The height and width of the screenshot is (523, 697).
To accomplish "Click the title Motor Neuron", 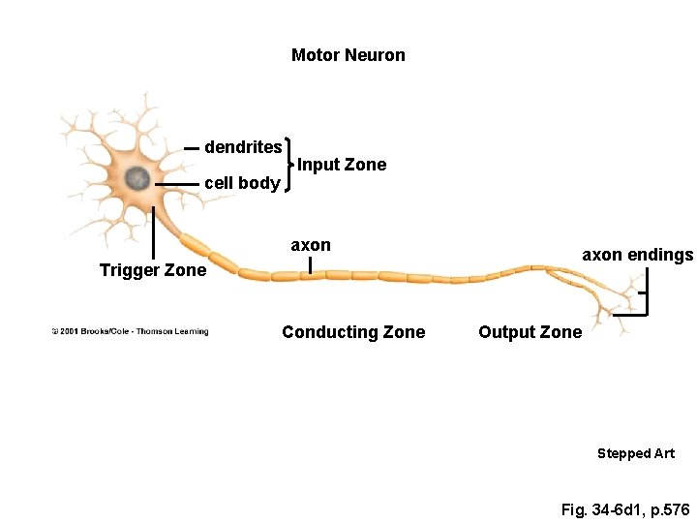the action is pos(348,55).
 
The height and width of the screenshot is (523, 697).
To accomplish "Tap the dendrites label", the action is pos(243,147).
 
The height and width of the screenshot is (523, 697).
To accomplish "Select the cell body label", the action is pos(243,183).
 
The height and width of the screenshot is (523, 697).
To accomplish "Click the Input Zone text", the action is pos(342,165).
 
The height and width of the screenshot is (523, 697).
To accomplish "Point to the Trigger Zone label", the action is pos(153,270).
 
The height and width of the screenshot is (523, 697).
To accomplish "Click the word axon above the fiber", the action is pos(311,245).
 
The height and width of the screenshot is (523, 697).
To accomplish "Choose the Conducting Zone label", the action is pos(353,332).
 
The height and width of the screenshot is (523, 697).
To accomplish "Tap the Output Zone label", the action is pos(530,332).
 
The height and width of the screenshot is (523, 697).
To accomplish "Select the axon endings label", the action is pos(637,255).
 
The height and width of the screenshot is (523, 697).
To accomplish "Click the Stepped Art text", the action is pos(636,453).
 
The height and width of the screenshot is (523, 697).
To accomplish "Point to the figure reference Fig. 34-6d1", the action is pos(625,508).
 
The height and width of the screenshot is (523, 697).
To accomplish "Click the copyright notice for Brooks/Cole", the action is pos(130,332).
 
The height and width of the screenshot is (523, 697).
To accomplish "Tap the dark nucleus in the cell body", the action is pos(137,178).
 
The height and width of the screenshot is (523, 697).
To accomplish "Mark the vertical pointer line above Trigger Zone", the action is pos(153,232).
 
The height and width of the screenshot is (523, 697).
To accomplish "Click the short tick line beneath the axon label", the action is pos(310,264).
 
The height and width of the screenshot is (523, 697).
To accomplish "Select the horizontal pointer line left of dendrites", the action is pos(192,148).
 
